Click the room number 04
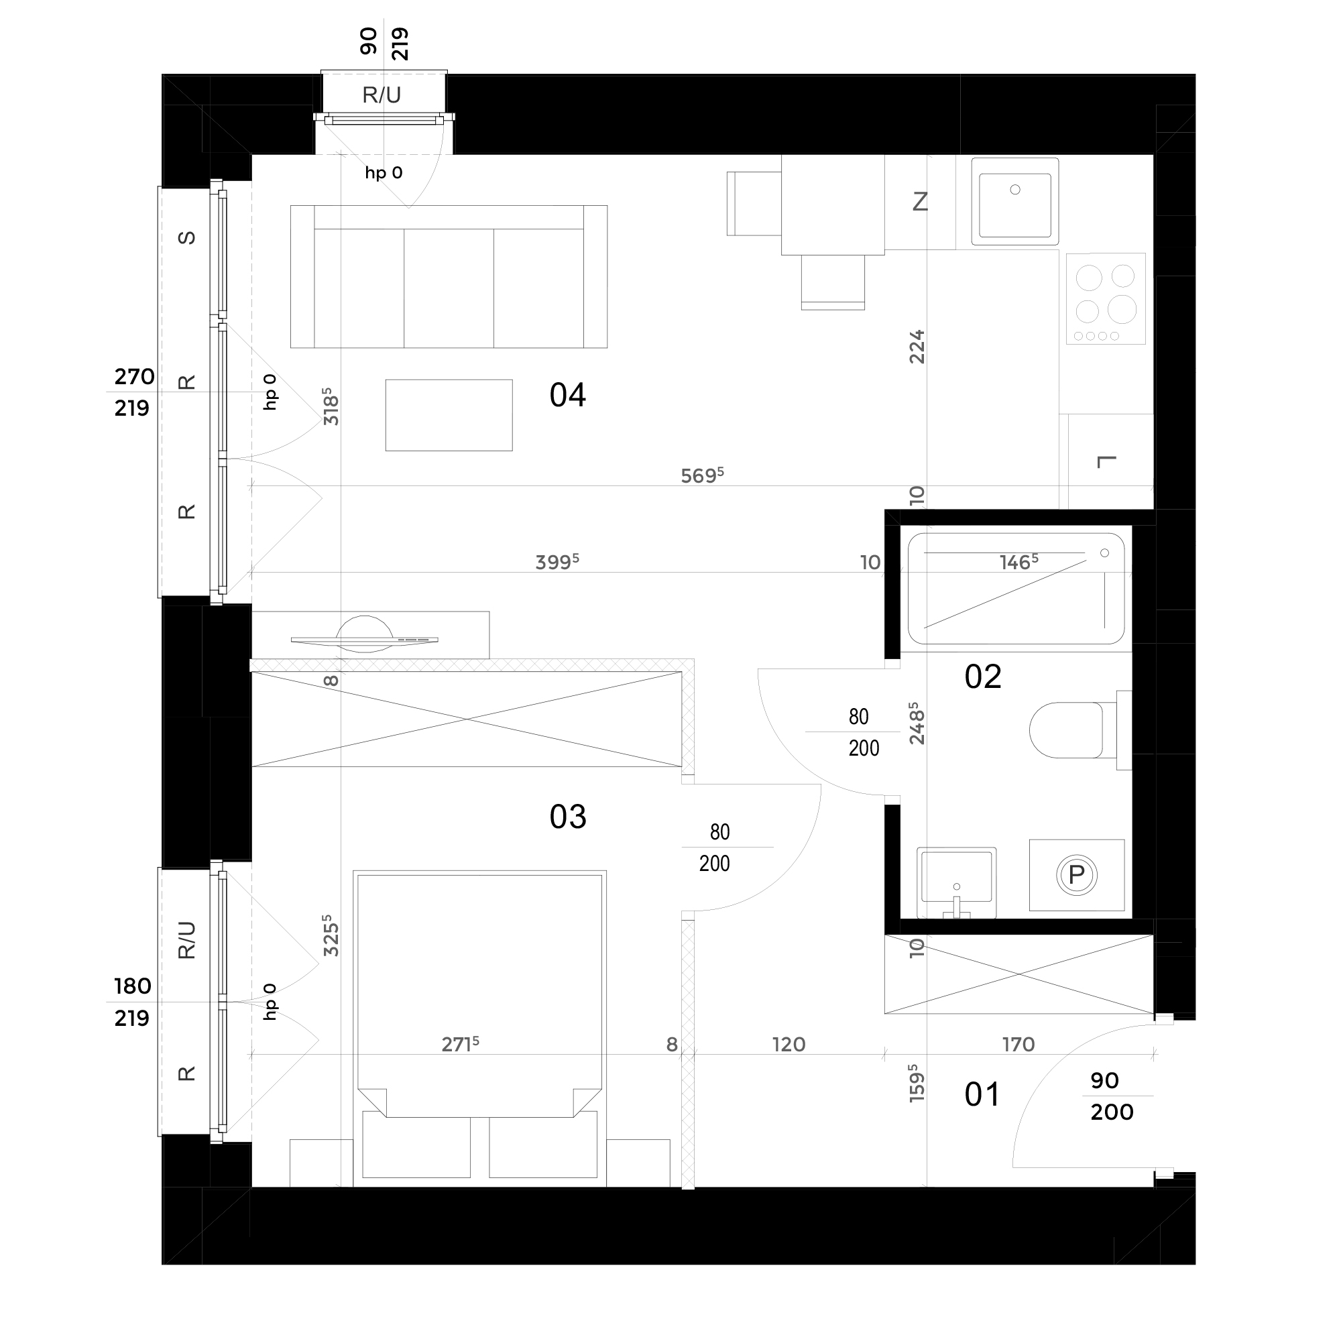tap(568, 395)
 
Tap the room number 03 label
tap(568, 817)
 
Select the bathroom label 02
tap(983, 677)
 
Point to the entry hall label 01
tap(982, 1095)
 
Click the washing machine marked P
tap(1076, 874)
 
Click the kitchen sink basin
tap(1014, 201)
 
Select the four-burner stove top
tap(1106, 299)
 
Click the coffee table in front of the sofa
tap(449, 415)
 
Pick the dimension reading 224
tap(917, 347)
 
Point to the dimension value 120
tap(789, 1045)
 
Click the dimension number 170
tap(1018, 1045)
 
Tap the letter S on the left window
tap(186, 238)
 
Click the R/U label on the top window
tap(382, 95)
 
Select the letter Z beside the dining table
tap(920, 202)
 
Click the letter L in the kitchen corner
tap(1107, 461)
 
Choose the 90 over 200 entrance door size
tap(1112, 1096)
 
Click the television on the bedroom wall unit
tap(365, 638)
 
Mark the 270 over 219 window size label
tap(133, 392)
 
